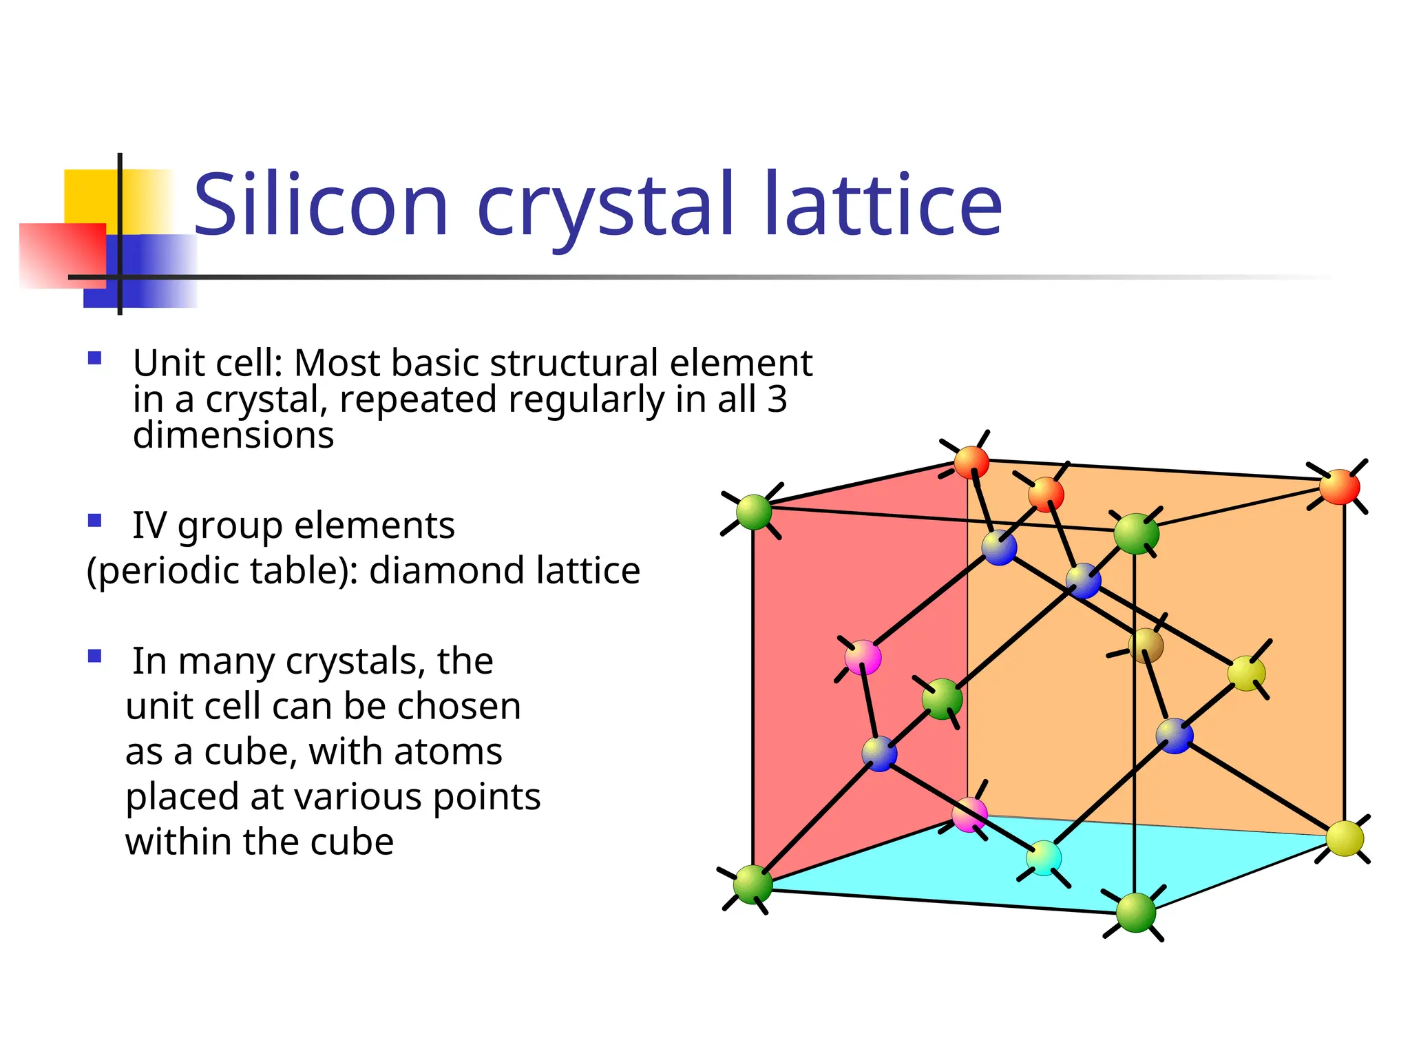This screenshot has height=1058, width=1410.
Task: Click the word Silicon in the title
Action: (321, 205)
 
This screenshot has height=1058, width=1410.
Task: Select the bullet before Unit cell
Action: (95, 358)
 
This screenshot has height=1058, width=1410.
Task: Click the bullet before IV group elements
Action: (95, 520)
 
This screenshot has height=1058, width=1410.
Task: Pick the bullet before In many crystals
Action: (95, 656)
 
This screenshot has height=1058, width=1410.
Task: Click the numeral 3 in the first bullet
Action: (777, 400)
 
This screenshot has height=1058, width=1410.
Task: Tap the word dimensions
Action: (233, 435)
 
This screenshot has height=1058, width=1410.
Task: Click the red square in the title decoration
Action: (62, 255)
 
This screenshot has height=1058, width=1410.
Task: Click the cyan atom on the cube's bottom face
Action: (1044, 858)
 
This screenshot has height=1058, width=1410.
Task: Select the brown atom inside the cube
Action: (1146, 645)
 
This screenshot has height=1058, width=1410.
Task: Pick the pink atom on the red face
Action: (863, 657)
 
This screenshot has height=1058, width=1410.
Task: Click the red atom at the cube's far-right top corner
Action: (1339, 487)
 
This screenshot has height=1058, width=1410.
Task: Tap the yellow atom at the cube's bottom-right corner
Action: (1345, 838)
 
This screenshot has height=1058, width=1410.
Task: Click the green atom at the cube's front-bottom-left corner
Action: (753, 884)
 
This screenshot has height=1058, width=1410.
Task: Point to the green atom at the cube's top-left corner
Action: (754, 512)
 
